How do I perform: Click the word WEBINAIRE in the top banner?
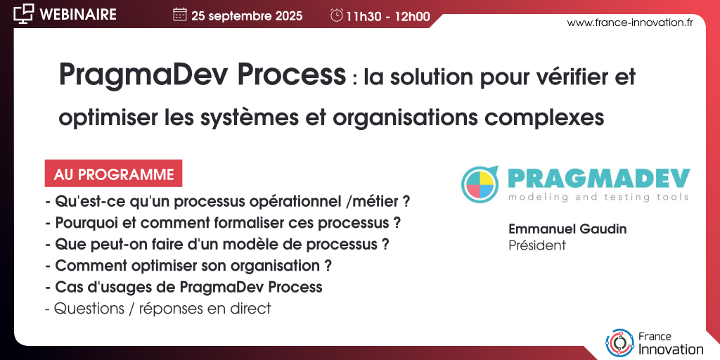click(x=78, y=14)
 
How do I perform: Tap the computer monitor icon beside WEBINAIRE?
click(x=23, y=14)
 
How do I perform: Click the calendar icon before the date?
click(x=179, y=15)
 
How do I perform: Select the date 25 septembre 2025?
click(x=247, y=16)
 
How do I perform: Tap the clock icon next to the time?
click(x=337, y=15)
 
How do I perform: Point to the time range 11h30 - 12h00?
click(x=388, y=17)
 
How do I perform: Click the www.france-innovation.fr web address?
click(x=630, y=23)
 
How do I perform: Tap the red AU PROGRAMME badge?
click(x=113, y=173)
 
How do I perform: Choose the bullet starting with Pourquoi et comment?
click(x=223, y=223)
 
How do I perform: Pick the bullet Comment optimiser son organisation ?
click(x=188, y=266)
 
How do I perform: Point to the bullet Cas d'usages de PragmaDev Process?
click(x=184, y=287)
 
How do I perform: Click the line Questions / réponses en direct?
click(x=158, y=309)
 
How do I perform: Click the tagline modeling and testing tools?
click(x=598, y=197)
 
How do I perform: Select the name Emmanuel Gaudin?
click(x=567, y=229)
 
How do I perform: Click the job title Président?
click(x=537, y=245)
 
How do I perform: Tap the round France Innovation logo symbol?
click(x=619, y=342)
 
